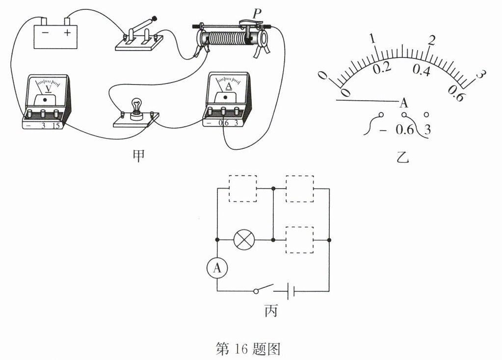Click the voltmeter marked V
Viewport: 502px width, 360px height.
pos(46,101)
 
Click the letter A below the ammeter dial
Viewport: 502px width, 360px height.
pos(404,103)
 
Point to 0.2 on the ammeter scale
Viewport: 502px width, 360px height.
pos(382,68)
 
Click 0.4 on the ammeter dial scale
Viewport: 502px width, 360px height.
pos(421,71)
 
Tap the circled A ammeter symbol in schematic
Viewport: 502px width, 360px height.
pos(217,268)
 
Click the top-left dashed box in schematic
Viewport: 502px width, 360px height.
pos(243,188)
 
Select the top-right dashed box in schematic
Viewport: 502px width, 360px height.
pos(300,188)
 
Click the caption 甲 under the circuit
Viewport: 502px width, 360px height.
pos(139,157)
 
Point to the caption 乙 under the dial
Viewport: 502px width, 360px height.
pos(402,159)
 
